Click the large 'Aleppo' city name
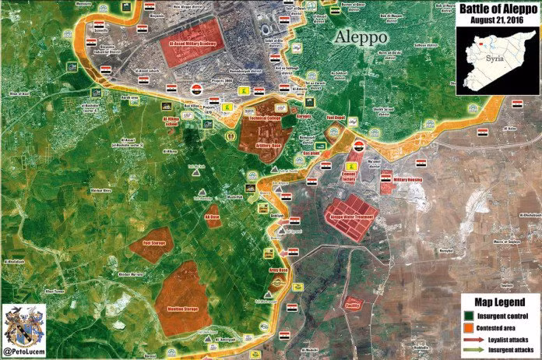361,37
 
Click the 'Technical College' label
264,119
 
